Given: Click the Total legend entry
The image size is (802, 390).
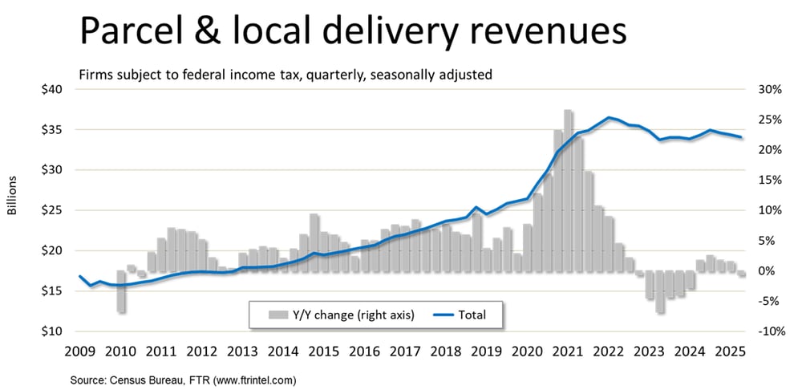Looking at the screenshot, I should click(x=472, y=315).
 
